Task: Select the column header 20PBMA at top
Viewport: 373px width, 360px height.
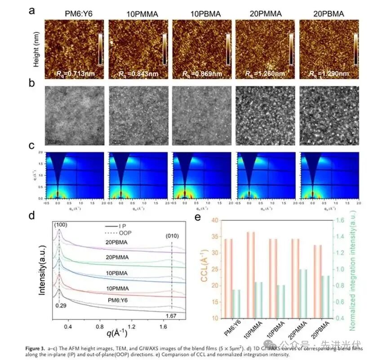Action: pyautogui.click(x=328, y=14)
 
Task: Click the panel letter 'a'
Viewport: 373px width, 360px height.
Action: pyautogui.click(x=32, y=10)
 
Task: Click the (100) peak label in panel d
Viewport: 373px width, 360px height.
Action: pyautogui.click(x=59, y=226)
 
